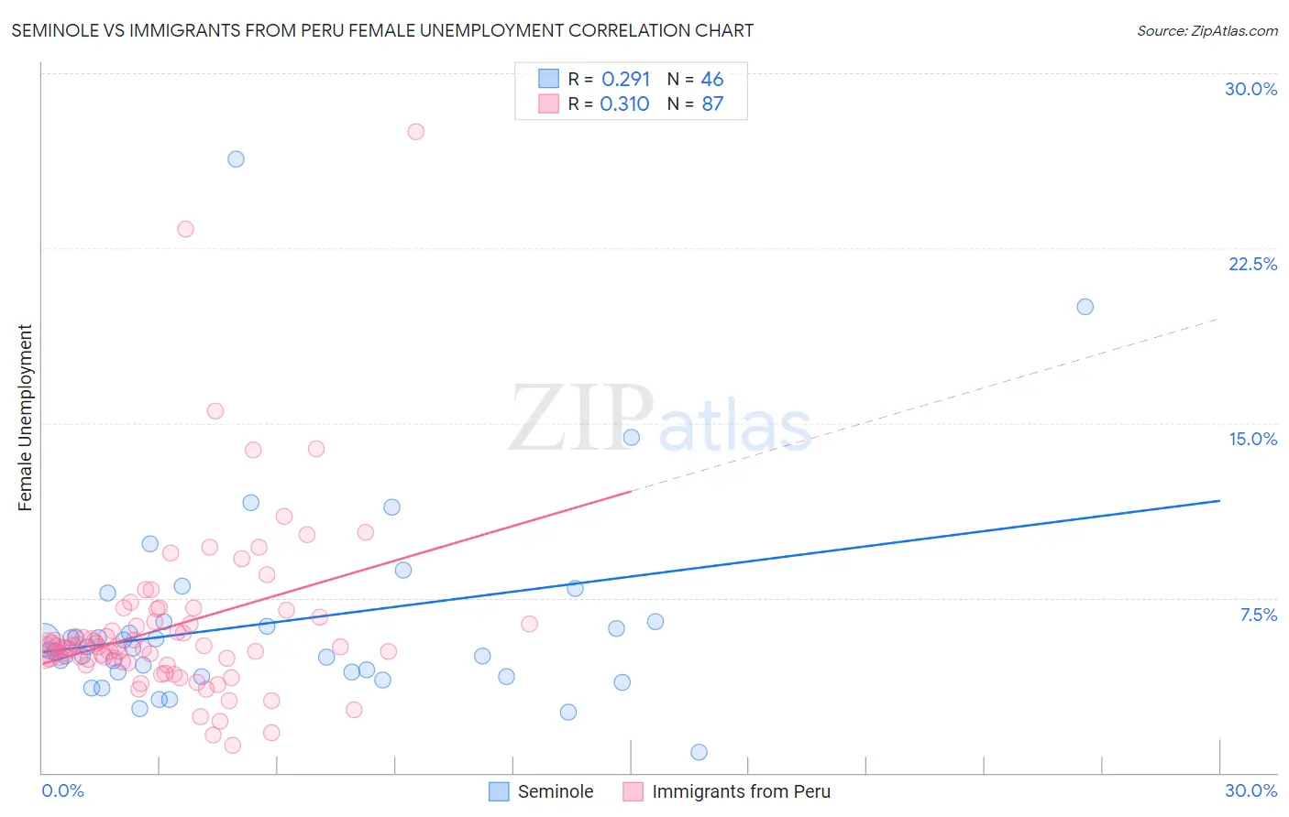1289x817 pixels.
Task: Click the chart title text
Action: click(382, 30)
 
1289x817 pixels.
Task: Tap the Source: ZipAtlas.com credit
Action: click(1206, 30)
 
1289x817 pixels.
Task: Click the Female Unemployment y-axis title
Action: click(25, 418)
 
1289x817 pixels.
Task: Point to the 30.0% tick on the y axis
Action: click(1250, 89)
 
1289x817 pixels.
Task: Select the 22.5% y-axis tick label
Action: click(1252, 264)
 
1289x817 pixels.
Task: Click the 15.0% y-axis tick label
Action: click(1252, 439)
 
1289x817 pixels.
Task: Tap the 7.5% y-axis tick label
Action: click(1258, 615)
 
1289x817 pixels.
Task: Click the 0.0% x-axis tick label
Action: click(62, 790)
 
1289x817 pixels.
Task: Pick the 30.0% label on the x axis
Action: click(1250, 790)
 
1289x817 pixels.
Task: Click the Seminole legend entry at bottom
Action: click(541, 791)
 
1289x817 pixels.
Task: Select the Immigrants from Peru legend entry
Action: click(727, 791)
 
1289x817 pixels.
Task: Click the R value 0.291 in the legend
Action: click(625, 79)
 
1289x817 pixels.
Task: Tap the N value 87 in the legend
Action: click(712, 103)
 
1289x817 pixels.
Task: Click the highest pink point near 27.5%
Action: click(415, 131)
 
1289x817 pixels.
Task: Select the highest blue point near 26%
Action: click(236, 158)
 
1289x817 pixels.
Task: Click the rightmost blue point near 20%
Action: click(1085, 307)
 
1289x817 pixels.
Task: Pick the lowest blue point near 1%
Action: click(699, 752)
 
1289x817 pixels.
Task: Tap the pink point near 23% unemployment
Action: click(185, 229)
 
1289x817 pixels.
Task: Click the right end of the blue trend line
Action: click(1218, 500)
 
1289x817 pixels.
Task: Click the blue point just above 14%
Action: click(631, 437)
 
